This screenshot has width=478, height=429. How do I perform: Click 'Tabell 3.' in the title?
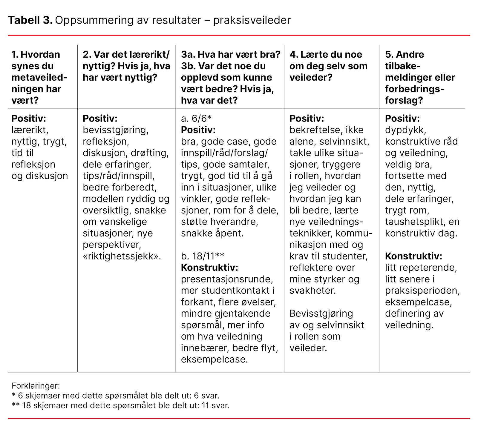point(30,20)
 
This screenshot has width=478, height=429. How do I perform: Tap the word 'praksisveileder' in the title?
point(252,20)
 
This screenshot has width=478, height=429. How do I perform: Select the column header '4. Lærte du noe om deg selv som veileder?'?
point(328,66)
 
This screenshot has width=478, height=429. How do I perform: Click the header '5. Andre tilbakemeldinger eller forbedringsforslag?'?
point(420,77)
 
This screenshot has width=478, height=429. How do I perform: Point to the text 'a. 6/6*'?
point(196,119)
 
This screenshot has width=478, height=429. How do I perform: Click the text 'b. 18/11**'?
point(202,256)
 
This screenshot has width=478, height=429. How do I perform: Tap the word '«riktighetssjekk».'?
point(122,256)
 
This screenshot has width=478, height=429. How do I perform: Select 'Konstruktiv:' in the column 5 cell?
point(413,256)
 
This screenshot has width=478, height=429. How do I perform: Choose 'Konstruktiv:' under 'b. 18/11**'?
point(209,267)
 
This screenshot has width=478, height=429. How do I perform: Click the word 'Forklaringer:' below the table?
point(36,386)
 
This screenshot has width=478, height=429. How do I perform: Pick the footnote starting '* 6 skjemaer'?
point(115,396)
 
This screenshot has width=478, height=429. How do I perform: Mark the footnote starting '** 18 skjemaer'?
point(120,406)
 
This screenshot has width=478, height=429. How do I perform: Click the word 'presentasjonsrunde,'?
point(227,279)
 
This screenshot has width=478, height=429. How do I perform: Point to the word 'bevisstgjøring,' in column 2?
point(116,130)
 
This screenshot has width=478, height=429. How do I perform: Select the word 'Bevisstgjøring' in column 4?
point(321,313)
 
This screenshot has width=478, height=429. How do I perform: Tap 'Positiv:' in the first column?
point(29,119)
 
